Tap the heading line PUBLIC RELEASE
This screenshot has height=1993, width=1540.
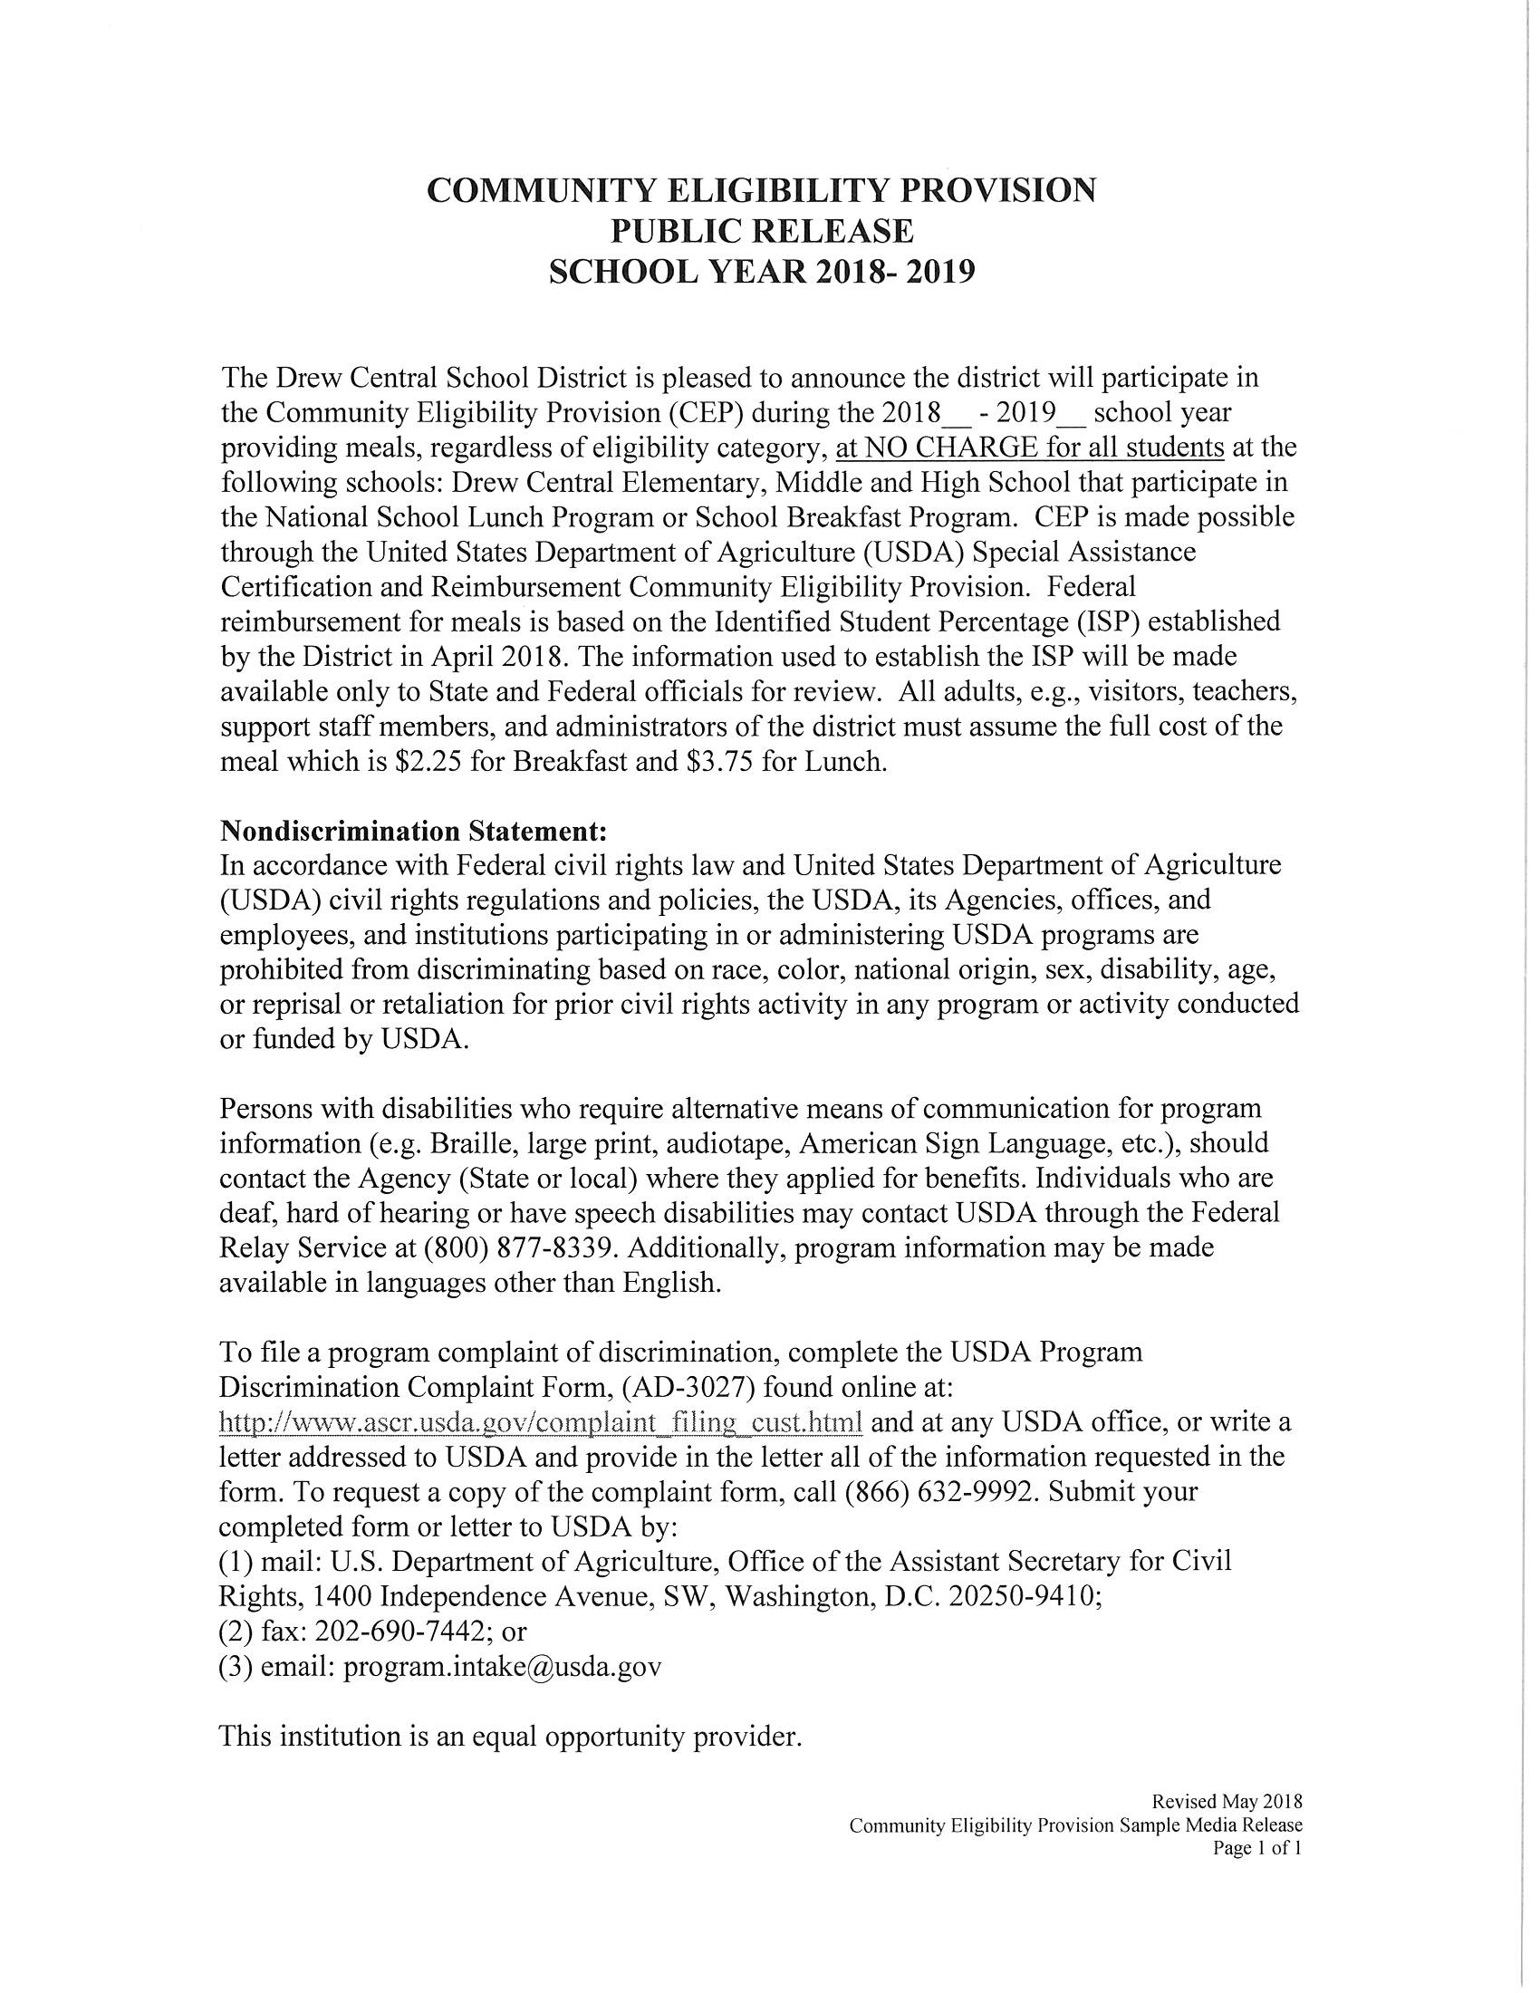761,231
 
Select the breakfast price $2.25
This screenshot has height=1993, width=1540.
428,761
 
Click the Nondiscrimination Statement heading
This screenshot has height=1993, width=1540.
413,832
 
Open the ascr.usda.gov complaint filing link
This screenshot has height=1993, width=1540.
541,1421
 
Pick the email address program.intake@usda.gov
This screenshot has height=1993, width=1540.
502,1666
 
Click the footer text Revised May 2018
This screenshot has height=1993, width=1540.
1227,1801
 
